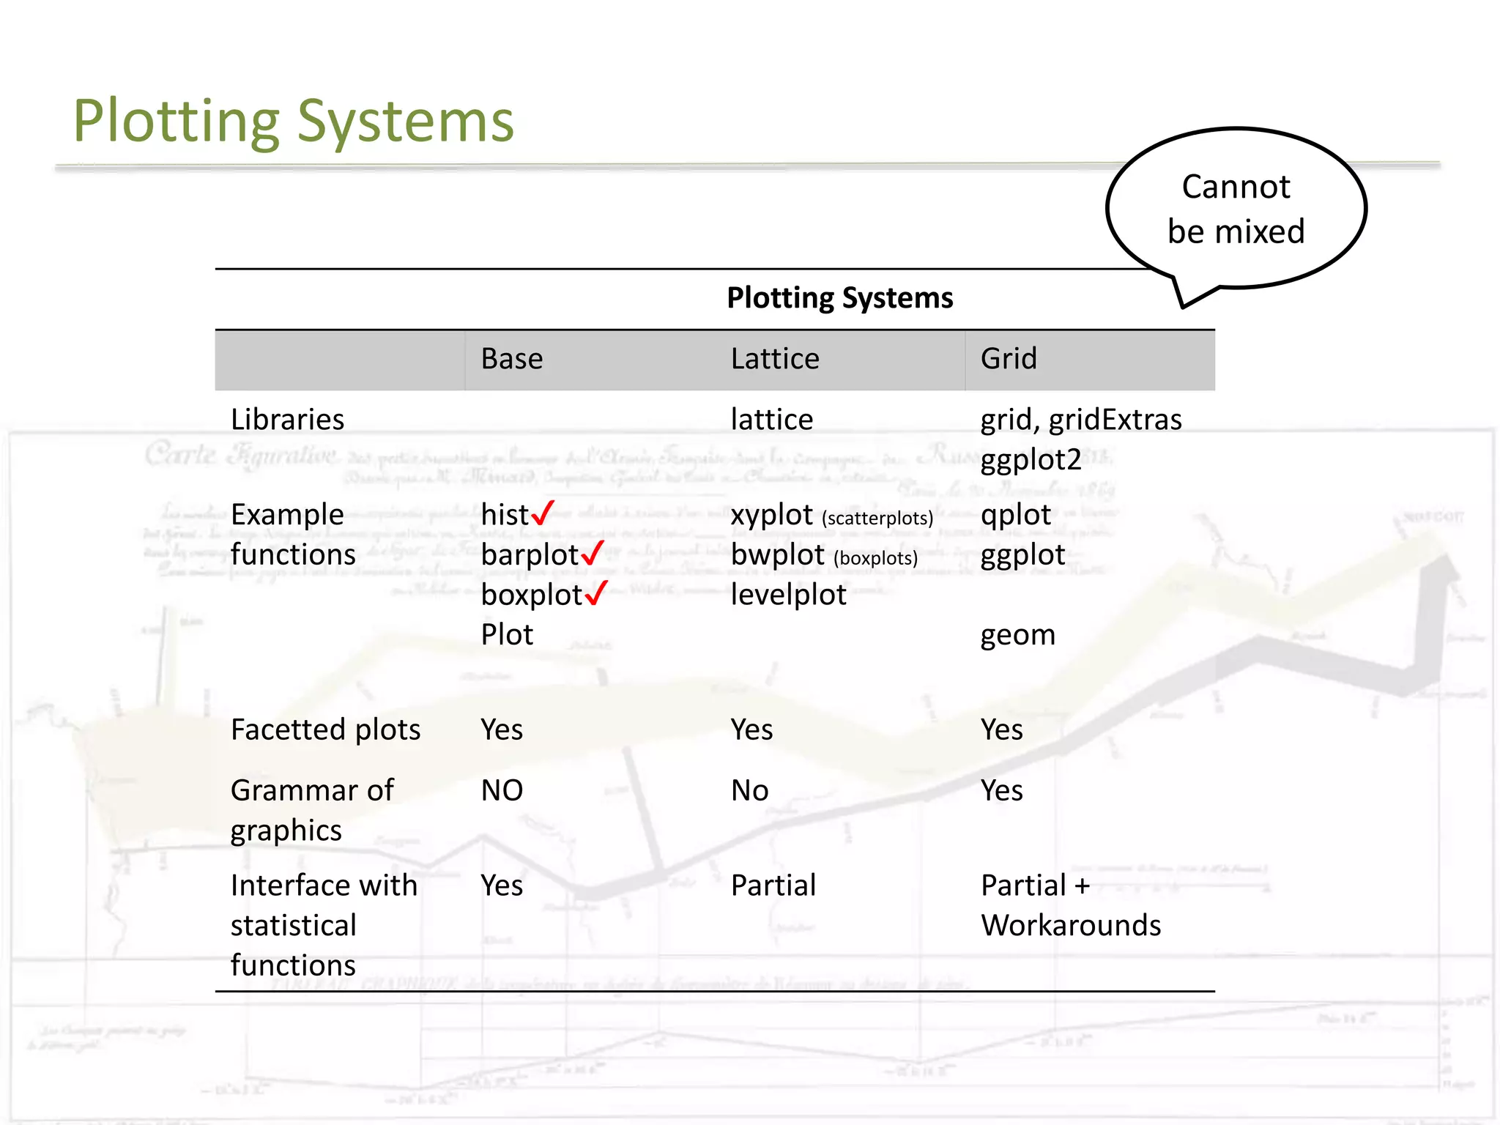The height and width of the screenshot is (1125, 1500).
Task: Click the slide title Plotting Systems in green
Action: click(293, 121)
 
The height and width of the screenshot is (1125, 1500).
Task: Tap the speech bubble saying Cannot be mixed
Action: click(1236, 209)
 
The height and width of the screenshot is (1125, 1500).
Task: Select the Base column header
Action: click(512, 359)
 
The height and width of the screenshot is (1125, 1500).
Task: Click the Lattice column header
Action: click(775, 359)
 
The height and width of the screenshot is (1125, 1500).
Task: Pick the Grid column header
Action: click(1009, 359)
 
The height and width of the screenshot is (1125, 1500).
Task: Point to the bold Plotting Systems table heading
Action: click(839, 298)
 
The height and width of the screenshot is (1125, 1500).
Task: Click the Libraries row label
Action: click(287, 420)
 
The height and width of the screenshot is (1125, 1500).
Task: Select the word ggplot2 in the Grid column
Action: click(1031, 460)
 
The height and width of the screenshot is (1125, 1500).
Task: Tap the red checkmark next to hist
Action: click(543, 513)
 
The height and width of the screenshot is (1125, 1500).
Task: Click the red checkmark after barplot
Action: click(593, 553)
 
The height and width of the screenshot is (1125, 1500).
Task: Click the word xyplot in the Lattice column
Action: click(772, 515)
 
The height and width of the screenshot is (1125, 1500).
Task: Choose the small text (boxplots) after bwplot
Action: click(875, 558)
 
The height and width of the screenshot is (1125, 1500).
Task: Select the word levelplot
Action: click(788, 595)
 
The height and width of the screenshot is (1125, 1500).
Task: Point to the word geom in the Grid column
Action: click(1017, 635)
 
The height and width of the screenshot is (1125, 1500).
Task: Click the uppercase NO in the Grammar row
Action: click(502, 791)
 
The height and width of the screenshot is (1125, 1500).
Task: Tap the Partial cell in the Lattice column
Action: click(773, 885)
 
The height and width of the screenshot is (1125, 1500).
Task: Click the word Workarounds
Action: click(1070, 926)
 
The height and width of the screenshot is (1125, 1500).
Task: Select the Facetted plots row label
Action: click(325, 729)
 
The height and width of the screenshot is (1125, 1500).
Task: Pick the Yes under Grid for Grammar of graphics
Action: click(1001, 791)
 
